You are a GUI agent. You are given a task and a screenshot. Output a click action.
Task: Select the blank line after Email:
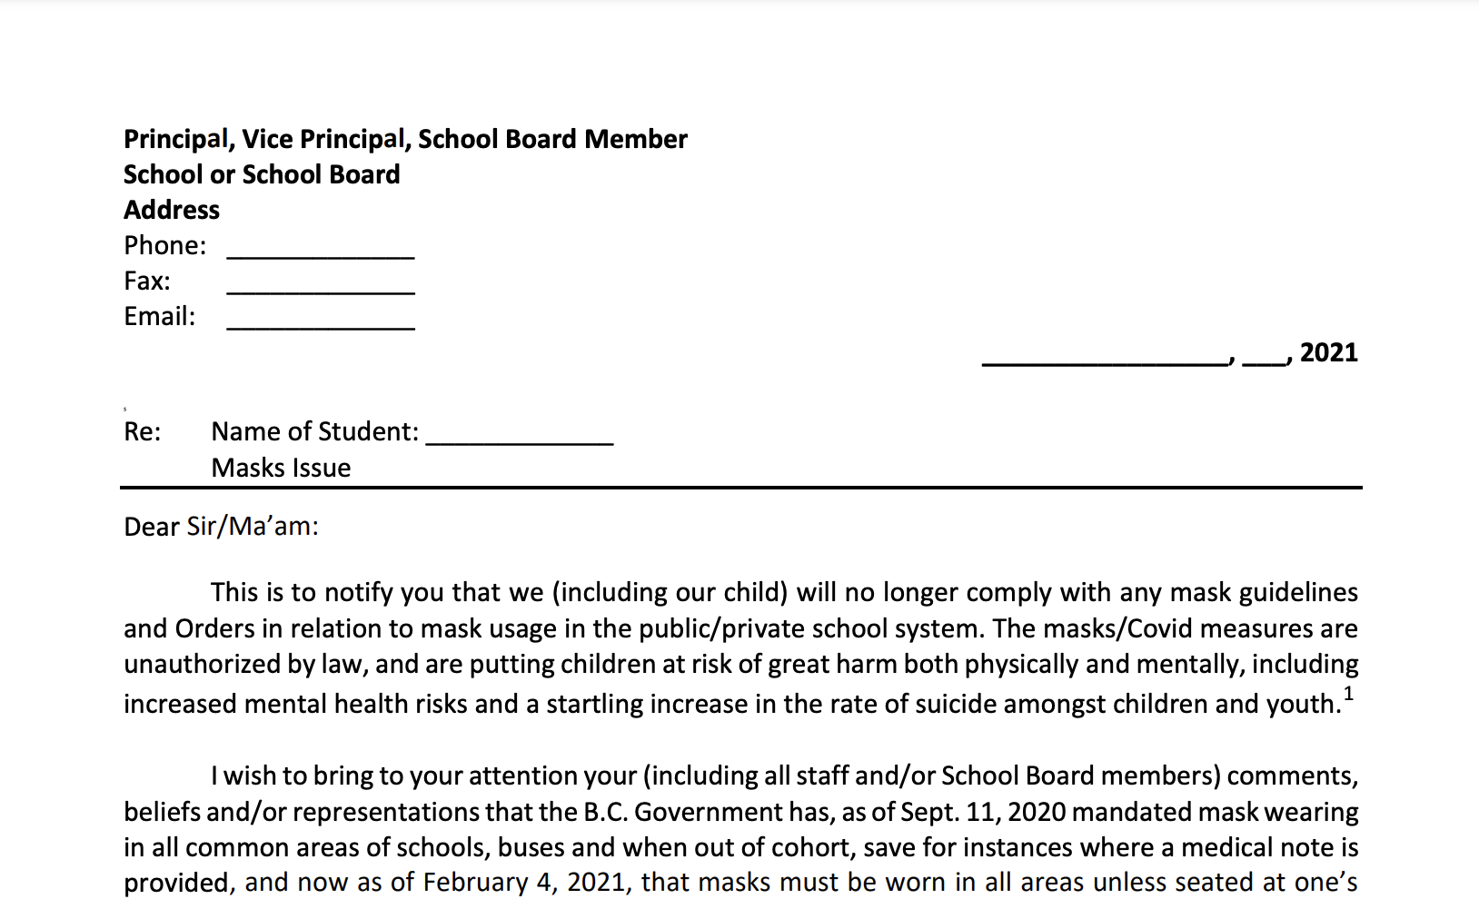pyautogui.click(x=320, y=323)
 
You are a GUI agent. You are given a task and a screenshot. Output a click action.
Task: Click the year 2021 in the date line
pyautogui.click(x=1328, y=352)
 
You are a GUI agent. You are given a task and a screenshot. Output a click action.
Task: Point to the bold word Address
pyautogui.click(x=172, y=210)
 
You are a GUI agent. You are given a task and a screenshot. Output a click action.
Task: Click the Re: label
pyautogui.click(x=142, y=431)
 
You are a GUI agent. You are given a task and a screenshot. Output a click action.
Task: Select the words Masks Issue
pyautogui.click(x=281, y=468)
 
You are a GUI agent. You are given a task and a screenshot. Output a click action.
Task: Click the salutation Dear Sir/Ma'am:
pyautogui.click(x=221, y=527)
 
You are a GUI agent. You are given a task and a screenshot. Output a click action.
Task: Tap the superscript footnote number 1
pyautogui.click(x=1348, y=695)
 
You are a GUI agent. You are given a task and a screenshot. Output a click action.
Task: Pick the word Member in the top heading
pyautogui.click(x=636, y=139)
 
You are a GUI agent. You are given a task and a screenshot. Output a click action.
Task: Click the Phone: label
pyautogui.click(x=164, y=245)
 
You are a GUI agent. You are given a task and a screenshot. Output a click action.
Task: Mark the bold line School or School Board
pyautogui.click(x=262, y=174)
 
